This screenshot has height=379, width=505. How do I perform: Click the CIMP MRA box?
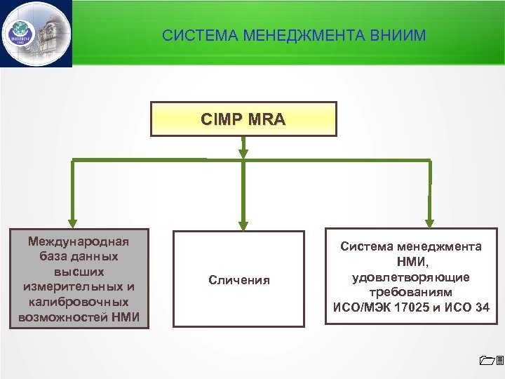point(243,119)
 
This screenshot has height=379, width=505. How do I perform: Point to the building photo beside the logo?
point(50,32)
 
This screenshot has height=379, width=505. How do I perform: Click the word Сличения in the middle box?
point(239,280)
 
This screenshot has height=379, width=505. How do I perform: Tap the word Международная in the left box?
point(79,241)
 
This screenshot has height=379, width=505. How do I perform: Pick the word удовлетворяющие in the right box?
point(411,277)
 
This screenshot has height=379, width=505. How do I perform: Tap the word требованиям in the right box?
point(411,292)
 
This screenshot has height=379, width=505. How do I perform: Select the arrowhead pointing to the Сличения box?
point(243,225)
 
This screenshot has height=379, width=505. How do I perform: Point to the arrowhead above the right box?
point(430,221)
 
